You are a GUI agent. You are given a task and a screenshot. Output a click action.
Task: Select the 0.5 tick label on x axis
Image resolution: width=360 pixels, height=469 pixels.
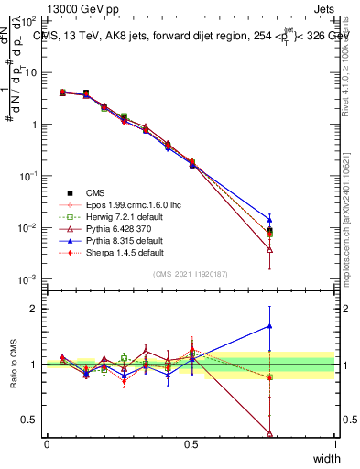(x=191, y=444)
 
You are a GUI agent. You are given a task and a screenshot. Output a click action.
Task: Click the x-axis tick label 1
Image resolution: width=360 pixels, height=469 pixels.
(x=335, y=444)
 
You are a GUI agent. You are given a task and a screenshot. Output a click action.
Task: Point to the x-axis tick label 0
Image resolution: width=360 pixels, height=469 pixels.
(x=47, y=444)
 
